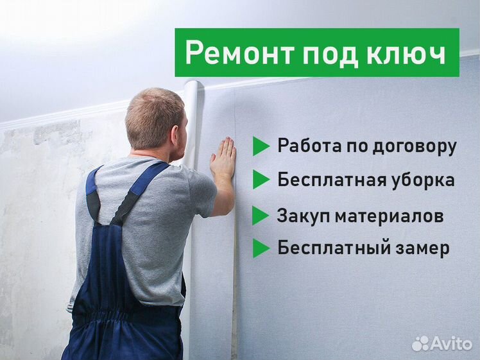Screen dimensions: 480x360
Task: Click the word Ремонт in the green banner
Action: coord(239,53)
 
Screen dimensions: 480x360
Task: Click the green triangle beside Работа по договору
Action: coord(261,146)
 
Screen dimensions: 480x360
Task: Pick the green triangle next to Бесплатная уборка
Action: coord(261,180)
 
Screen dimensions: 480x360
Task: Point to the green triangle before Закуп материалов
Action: coord(261,216)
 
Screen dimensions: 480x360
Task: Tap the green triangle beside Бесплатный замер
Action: coord(261,248)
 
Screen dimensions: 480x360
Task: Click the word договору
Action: coord(415,147)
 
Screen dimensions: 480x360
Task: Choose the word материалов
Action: coord(389,217)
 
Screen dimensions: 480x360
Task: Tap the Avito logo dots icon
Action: coord(420,344)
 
